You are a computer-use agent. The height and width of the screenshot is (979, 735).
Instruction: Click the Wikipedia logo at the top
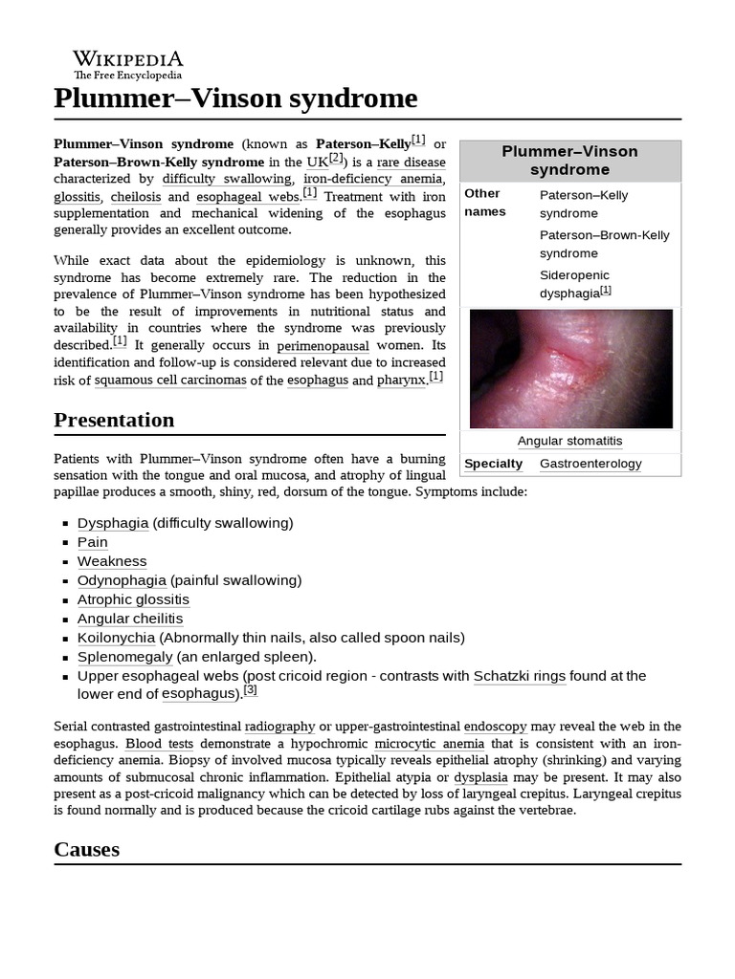pos(128,63)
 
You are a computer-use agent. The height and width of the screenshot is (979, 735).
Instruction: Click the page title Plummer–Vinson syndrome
pos(235,98)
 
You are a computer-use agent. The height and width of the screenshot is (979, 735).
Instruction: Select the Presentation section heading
pos(114,420)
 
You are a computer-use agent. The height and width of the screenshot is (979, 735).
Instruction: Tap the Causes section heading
pos(86,849)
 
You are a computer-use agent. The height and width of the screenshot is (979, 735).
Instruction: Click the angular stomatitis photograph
pos(570,368)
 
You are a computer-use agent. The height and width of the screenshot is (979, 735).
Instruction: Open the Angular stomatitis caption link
pos(569,441)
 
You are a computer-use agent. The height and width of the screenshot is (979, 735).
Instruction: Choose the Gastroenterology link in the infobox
pos(590,464)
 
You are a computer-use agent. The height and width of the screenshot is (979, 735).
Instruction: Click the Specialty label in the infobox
pos(493,464)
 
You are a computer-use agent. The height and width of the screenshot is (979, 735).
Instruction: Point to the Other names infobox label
pos(484,203)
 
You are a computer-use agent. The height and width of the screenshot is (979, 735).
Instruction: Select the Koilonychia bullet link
pos(116,638)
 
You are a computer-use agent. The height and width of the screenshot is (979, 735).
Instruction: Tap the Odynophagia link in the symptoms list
pos(122,580)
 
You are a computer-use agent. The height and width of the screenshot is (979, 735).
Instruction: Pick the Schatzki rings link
pos(520,676)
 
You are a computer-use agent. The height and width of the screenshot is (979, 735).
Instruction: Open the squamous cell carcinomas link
pos(170,381)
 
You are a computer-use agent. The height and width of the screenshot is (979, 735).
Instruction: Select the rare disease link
pos(411,162)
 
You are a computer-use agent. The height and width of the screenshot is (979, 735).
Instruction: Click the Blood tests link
pos(159,744)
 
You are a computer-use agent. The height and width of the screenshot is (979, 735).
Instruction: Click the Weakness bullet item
pos(112,561)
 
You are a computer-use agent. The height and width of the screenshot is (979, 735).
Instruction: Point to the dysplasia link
pos(480,778)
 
